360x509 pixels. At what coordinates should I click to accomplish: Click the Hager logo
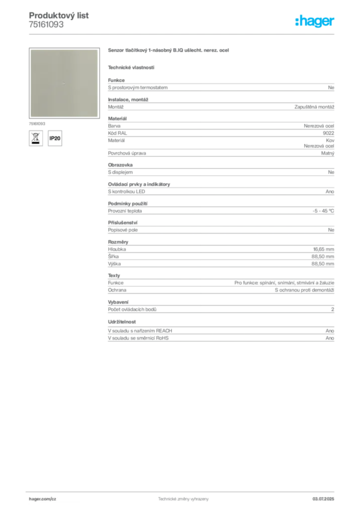point(315,21)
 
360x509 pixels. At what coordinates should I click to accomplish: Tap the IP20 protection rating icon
point(55,138)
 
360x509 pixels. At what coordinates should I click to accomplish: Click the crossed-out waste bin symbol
point(36,138)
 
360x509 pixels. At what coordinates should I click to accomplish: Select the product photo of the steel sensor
point(64,83)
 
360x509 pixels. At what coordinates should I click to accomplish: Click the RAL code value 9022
point(328,133)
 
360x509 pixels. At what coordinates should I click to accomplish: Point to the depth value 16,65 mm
point(323,250)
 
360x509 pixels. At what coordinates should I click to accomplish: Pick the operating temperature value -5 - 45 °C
point(323,211)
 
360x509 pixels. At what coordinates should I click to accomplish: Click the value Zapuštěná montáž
point(314,107)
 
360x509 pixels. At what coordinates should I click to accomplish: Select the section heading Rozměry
point(118,242)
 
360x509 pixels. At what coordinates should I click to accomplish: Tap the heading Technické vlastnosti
point(131,68)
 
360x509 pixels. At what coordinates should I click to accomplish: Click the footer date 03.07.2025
point(323,499)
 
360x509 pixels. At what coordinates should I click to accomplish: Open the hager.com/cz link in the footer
point(43,499)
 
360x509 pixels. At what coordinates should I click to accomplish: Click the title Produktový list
point(59,15)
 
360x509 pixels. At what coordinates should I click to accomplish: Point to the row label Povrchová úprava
point(127,153)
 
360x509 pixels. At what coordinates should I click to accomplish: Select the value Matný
point(328,153)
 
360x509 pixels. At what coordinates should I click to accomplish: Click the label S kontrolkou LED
point(127,191)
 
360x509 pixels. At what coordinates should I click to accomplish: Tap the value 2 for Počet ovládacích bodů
point(333,309)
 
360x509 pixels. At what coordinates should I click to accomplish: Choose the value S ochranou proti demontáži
point(304,290)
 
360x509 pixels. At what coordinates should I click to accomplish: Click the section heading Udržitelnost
point(122,322)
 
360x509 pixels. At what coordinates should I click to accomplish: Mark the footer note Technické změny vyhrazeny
point(183,499)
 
